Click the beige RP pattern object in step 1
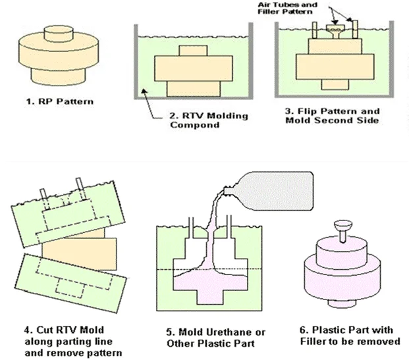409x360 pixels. [56, 59]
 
